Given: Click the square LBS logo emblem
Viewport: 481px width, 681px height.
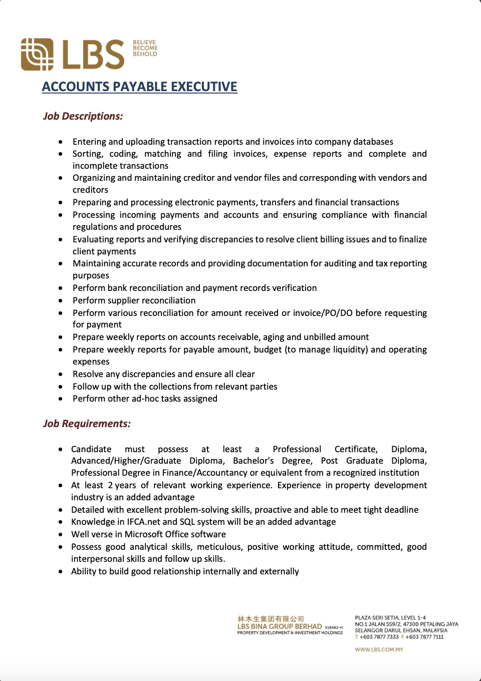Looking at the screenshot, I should pyautogui.click(x=37, y=54).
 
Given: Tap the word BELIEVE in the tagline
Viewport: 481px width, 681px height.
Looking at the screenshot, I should pyautogui.click(x=144, y=43).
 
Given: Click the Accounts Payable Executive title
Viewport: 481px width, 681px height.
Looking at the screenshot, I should pyautogui.click(x=139, y=87).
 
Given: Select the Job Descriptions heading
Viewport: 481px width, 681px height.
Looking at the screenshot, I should pyautogui.click(x=83, y=116).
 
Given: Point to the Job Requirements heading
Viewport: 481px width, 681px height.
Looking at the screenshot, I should pyautogui.click(x=87, y=424).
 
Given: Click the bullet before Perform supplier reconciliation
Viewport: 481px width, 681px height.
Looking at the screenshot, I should pyautogui.click(x=61, y=300).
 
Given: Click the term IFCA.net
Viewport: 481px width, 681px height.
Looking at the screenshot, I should pyautogui.click(x=143, y=522).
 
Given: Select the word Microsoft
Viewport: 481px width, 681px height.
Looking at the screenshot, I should pyautogui.click(x=150, y=534).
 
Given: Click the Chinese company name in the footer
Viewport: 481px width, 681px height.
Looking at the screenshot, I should pyautogui.click(x=271, y=619).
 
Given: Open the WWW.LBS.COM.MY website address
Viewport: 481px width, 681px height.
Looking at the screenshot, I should pyautogui.click(x=379, y=649).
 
